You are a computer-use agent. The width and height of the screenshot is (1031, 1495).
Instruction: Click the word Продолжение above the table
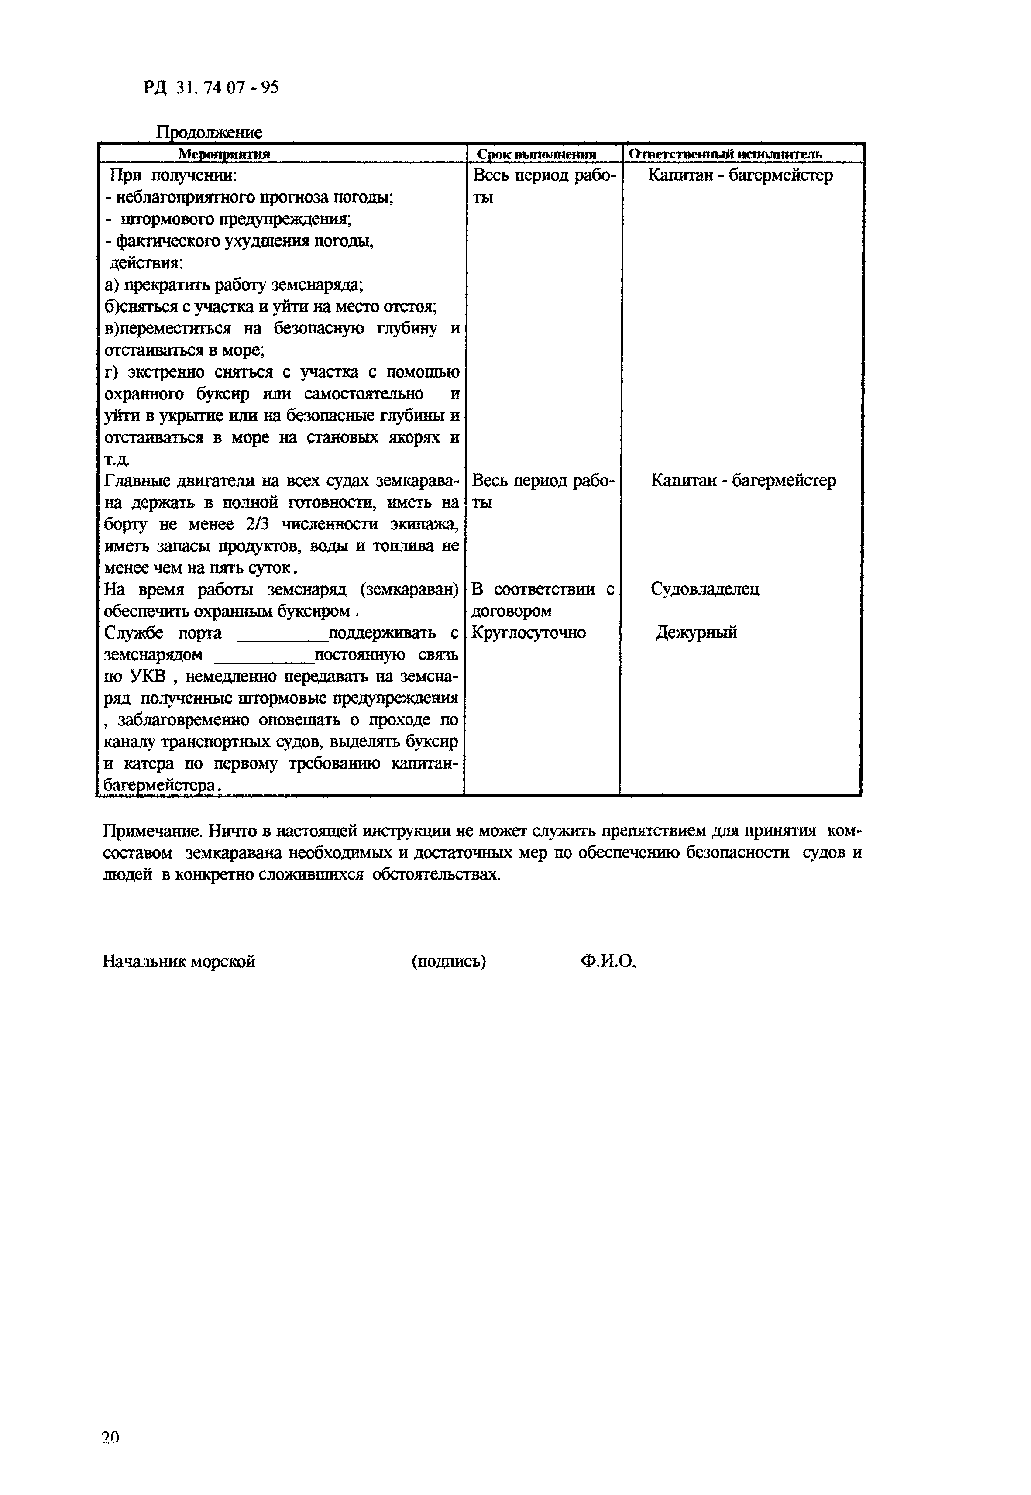(210, 132)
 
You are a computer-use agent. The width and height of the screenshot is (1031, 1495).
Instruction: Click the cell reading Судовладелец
(705, 588)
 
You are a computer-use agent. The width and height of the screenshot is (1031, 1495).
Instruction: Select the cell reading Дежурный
(696, 632)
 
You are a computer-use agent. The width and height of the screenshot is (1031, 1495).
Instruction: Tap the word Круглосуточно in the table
(529, 632)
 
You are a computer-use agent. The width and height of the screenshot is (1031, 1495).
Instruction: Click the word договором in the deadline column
(512, 611)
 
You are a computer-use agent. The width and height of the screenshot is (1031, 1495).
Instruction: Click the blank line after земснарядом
(264, 660)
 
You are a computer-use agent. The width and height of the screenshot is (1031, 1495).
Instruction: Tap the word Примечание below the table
(145, 830)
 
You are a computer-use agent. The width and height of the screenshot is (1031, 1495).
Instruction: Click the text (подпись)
(448, 961)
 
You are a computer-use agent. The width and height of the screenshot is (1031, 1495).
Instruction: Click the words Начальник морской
(179, 961)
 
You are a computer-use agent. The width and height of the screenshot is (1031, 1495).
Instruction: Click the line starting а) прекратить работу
(234, 285)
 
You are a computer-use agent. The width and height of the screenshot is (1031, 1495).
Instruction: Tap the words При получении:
(173, 175)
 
